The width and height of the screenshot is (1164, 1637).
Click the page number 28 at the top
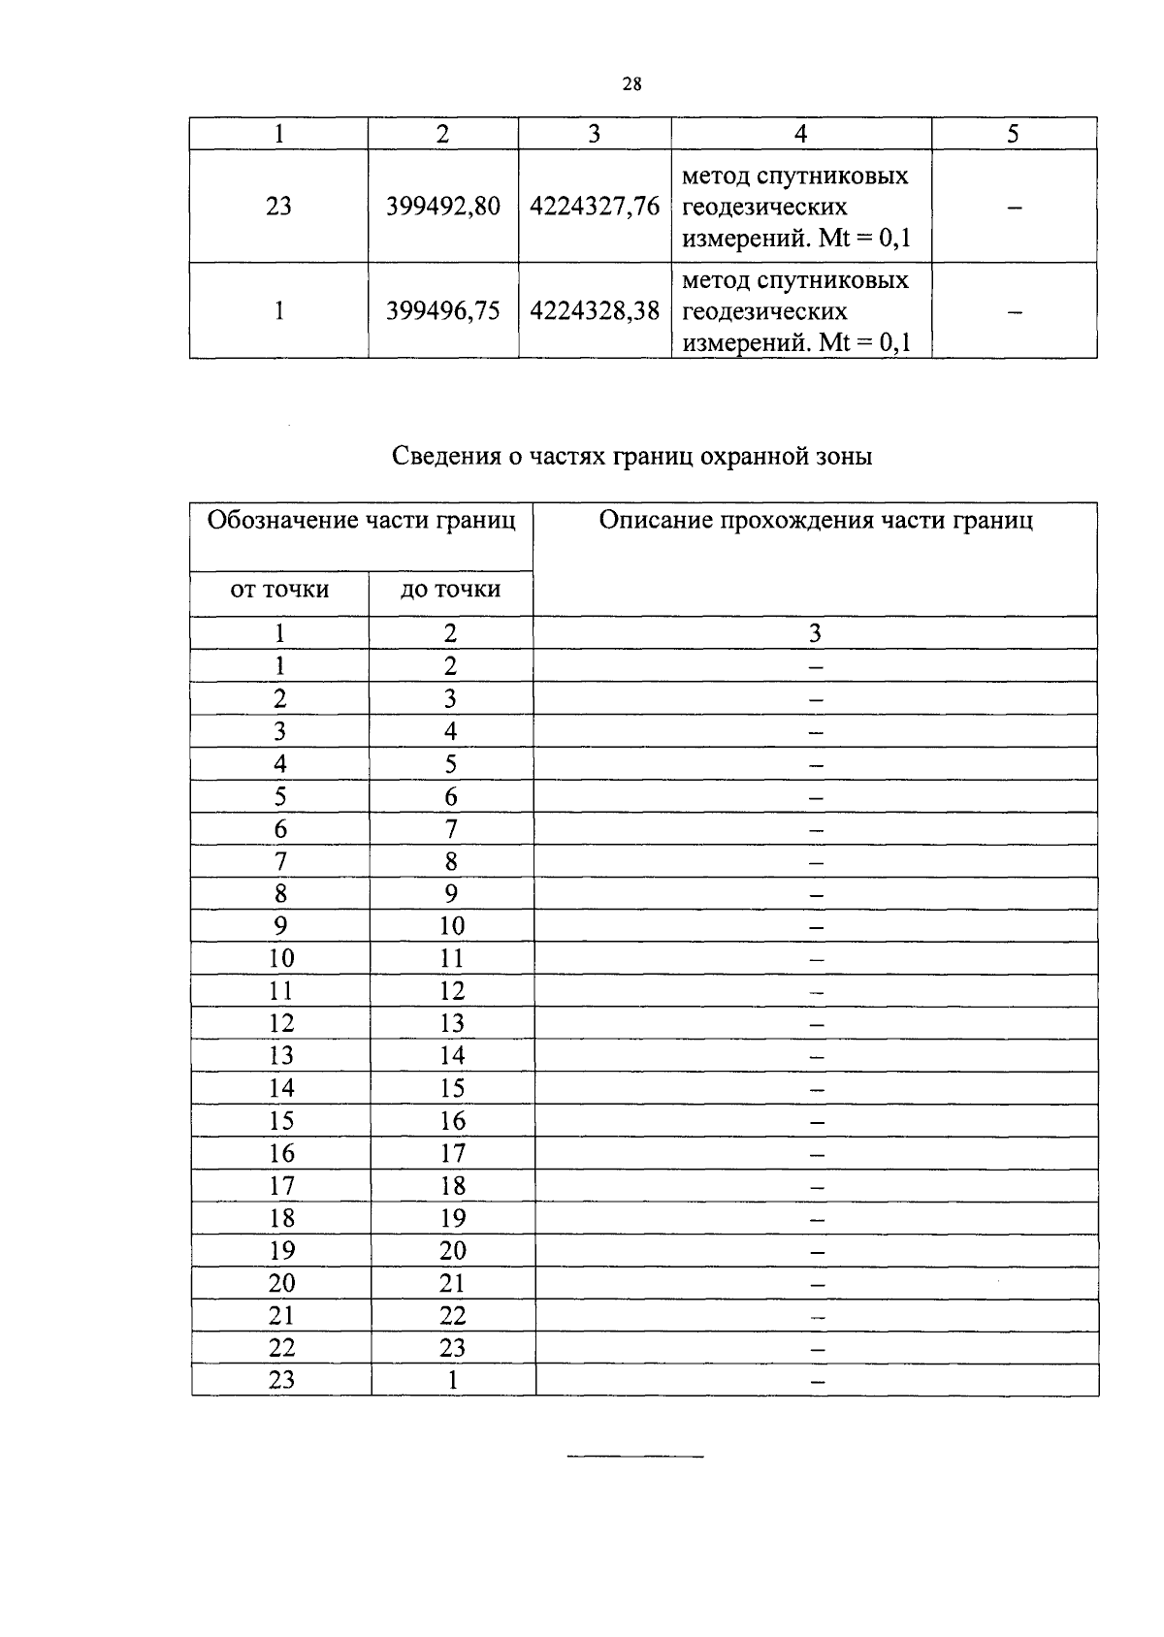pyautogui.click(x=631, y=84)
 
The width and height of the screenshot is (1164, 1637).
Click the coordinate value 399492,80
pyautogui.click(x=443, y=207)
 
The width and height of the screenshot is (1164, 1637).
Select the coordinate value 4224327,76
pyautogui.click(x=595, y=207)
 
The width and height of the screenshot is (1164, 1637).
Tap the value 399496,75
pyautogui.click(x=443, y=311)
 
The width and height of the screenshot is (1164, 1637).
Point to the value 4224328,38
pyautogui.click(x=595, y=311)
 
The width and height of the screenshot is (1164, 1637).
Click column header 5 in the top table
pyautogui.click(x=1013, y=134)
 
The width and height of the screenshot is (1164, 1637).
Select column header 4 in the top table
pyautogui.click(x=801, y=134)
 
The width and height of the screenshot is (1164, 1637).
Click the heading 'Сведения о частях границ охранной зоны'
pyautogui.click(x=632, y=456)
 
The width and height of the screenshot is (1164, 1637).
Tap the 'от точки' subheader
pyautogui.click(x=279, y=590)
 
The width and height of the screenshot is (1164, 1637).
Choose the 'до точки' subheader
pyautogui.click(x=450, y=590)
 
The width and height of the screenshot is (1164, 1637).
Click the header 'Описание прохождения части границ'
pyautogui.click(x=816, y=521)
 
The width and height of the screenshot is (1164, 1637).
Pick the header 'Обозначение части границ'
pyautogui.click(x=362, y=521)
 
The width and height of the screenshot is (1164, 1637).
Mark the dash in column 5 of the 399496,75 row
pyautogui.click(x=1015, y=312)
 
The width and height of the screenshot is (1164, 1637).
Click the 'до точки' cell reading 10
pyautogui.click(x=452, y=926)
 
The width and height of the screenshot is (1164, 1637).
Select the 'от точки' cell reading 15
pyautogui.click(x=281, y=1121)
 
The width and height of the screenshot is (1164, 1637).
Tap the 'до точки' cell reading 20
pyautogui.click(x=453, y=1251)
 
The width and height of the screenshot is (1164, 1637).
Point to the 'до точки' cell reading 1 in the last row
pyautogui.click(x=453, y=1380)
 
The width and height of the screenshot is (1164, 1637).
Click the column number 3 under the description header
pyautogui.click(x=815, y=633)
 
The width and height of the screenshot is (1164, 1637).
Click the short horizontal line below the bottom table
pyautogui.click(x=634, y=1457)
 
